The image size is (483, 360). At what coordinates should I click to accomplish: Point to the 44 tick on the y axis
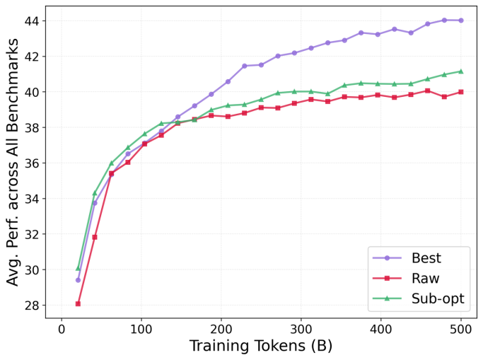point(33,21)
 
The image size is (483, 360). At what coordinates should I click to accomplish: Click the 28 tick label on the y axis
point(33,306)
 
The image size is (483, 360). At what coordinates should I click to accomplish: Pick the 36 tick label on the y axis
point(33,163)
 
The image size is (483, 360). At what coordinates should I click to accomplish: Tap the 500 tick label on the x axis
point(461,329)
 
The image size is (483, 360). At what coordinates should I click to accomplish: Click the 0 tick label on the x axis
point(62,329)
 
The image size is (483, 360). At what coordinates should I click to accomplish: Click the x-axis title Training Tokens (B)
point(261,347)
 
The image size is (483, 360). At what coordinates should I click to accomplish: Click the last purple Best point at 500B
point(461,21)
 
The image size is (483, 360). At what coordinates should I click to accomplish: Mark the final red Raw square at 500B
point(461,92)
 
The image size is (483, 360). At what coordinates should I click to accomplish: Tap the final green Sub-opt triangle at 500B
point(461,71)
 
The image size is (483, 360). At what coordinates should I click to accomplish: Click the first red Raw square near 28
point(78,303)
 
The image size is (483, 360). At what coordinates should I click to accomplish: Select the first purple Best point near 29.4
point(78,280)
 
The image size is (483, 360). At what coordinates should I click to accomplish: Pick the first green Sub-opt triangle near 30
point(78,268)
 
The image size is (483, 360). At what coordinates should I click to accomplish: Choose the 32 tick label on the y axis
point(33,234)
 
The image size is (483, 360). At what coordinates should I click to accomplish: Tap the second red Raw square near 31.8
point(95,237)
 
